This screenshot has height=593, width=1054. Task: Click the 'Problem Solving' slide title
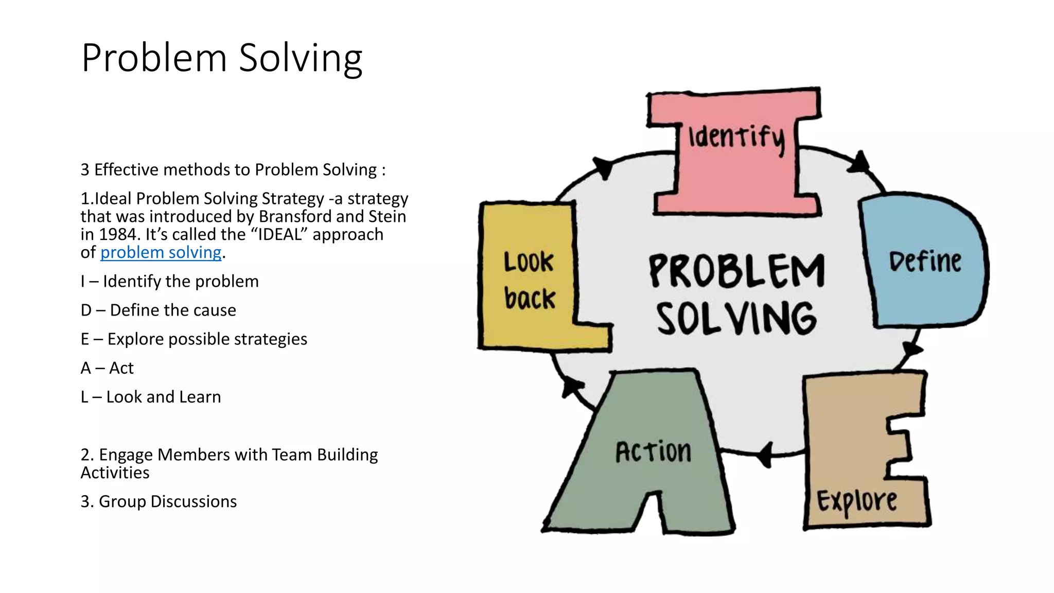coord(222,58)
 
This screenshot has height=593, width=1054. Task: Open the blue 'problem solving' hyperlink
coord(161,252)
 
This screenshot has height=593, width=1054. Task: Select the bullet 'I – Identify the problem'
coord(169,282)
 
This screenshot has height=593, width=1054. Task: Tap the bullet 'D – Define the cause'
coord(158,310)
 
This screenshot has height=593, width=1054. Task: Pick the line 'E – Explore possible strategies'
coord(194,339)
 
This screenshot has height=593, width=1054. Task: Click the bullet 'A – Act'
coord(107,368)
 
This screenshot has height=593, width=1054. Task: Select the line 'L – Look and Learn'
coord(150,397)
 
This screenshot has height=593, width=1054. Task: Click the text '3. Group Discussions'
coord(159,501)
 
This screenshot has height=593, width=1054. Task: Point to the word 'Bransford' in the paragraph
coord(295,217)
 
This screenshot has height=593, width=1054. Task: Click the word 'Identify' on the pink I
coord(737,138)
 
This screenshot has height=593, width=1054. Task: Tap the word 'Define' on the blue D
coord(925,261)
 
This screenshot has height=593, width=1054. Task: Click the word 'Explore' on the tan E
coord(857,501)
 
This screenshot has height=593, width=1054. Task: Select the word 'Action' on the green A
coord(653,452)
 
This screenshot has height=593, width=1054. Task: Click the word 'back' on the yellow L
coord(530,299)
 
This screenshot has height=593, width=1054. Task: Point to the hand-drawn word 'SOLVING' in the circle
coord(736,319)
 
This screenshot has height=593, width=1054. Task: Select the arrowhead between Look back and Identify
coord(603,167)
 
